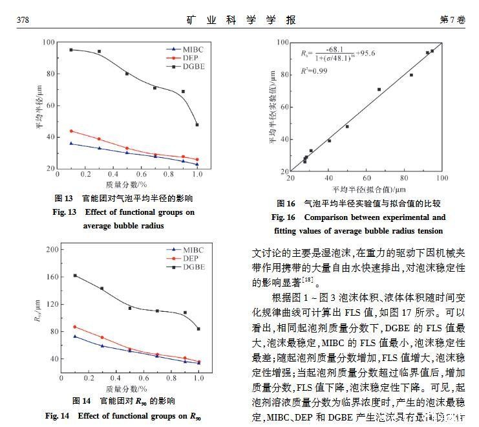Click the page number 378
(23, 20)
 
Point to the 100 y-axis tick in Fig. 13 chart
(48, 43)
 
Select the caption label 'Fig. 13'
(65, 212)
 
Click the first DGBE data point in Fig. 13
(71, 50)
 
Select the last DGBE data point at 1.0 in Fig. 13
(197, 124)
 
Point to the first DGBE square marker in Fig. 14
(75, 276)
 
